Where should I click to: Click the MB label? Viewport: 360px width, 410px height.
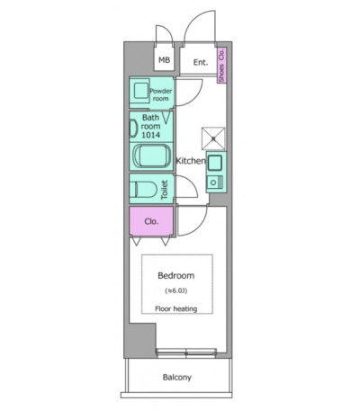click(x=164, y=60)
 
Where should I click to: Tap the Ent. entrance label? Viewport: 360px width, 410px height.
click(x=201, y=62)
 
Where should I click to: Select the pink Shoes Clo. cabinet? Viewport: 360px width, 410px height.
click(x=221, y=65)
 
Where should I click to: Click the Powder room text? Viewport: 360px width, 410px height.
click(x=161, y=94)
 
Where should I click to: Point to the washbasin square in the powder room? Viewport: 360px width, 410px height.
click(x=141, y=91)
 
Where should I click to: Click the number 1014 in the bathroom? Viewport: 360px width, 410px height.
click(x=150, y=135)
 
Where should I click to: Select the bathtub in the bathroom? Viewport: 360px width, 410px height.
click(x=151, y=156)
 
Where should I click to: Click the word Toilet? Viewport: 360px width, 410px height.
click(x=164, y=190)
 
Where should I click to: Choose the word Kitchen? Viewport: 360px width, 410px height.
click(x=191, y=161)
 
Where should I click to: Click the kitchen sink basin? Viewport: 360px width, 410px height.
click(x=214, y=163)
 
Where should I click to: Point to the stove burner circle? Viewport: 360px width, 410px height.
click(x=213, y=183)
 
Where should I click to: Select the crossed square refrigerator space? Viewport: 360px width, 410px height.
click(x=213, y=138)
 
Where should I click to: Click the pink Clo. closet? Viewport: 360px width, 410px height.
click(x=151, y=221)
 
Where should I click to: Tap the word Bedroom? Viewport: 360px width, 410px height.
click(x=176, y=275)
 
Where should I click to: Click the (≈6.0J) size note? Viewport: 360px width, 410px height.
click(x=176, y=290)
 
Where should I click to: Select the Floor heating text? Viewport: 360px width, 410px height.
click(x=176, y=308)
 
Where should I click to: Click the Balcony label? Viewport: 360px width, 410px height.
click(x=177, y=377)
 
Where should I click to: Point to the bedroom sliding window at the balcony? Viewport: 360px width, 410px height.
click(x=186, y=353)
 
